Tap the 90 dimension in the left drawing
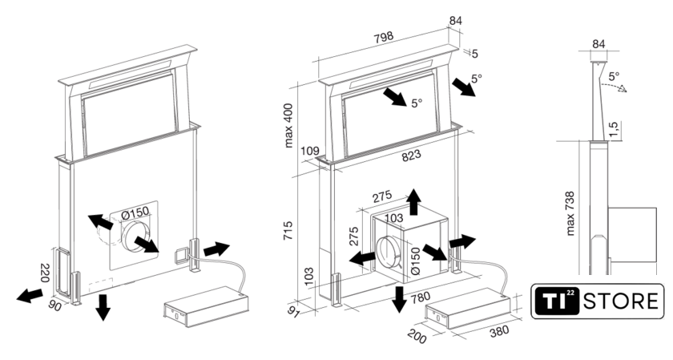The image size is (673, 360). pos(57,305)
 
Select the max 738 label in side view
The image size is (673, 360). pos(571,212)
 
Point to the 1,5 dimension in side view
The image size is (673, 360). pos(613,128)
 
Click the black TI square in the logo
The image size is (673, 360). pos(556,302)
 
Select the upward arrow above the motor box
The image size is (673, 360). pos(413,202)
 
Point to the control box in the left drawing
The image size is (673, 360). pos(204,303)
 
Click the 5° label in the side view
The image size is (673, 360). pos(615,77)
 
